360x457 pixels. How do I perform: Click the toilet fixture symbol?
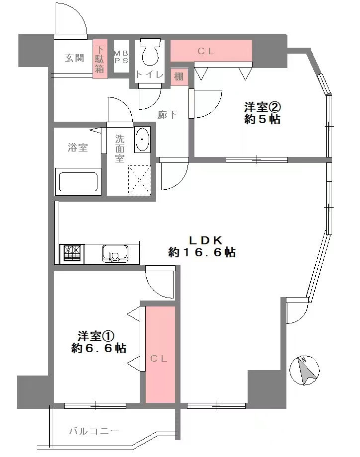pyautogui.click(x=150, y=51)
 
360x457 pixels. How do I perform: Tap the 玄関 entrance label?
pyautogui.click(x=74, y=58)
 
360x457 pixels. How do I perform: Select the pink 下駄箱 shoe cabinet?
pyautogui.click(x=100, y=59)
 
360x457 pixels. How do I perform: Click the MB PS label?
pyautogui.click(x=121, y=57)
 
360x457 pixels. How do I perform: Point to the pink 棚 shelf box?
pyautogui.click(x=179, y=77)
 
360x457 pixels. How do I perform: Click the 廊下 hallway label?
pyautogui.click(x=167, y=114)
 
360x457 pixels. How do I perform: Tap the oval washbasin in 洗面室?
pyautogui.click(x=142, y=139)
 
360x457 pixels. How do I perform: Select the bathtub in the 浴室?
pyautogui.click(x=78, y=182)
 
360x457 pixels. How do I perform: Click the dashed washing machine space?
pyautogui.click(x=140, y=180)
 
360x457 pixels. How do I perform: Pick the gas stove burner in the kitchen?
pyautogui.click(x=72, y=253)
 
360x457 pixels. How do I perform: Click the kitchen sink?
pyautogui.click(x=115, y=253)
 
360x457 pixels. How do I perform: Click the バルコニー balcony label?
pyautogui.click(x=94, y=431)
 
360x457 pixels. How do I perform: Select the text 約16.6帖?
pyautogui.click(x=202, y=252)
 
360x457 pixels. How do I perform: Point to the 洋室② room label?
pyautogui.click(x=263, y=107)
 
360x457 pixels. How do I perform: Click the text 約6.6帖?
pyautogui.click(x=98, y=348)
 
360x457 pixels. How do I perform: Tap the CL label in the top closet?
pyautogui.click(x=206, y=51)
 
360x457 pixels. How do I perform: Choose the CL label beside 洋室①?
pyautogui.click(x=159, y=359)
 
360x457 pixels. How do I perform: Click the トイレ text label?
pyautogui.click(x=150, y=75)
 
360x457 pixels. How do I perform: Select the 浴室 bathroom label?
pyautogui.click(x=78, y=148)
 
